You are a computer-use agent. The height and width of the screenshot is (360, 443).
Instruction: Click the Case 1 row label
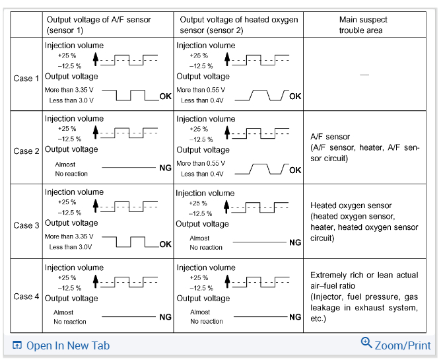click(x=26, y=78)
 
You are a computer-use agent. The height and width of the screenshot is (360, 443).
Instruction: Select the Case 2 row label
click(x=26, y=151)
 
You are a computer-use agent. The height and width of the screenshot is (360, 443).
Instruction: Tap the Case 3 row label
click(x=26, y=225)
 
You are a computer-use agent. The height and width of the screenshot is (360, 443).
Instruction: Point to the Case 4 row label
click(x=26, y=297)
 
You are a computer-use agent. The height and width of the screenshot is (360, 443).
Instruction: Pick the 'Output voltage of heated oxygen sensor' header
click(x=238, y=25)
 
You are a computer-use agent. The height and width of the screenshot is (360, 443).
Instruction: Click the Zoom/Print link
click(x=402, y=345)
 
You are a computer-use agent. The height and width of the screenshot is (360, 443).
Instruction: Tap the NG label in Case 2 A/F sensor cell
click(x=165, y=168)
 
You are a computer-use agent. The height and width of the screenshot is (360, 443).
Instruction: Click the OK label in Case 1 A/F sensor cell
click(x=165, y=96)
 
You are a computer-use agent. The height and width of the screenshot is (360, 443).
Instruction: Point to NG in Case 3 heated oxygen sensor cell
click(x=295, y=242)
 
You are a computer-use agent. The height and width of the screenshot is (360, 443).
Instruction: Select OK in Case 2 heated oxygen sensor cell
click(x=295, y=170)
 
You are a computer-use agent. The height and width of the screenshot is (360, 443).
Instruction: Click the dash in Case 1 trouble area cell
click(x=364, y=75)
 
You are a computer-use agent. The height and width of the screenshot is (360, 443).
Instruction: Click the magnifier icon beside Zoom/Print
click(x=366, y=342)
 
